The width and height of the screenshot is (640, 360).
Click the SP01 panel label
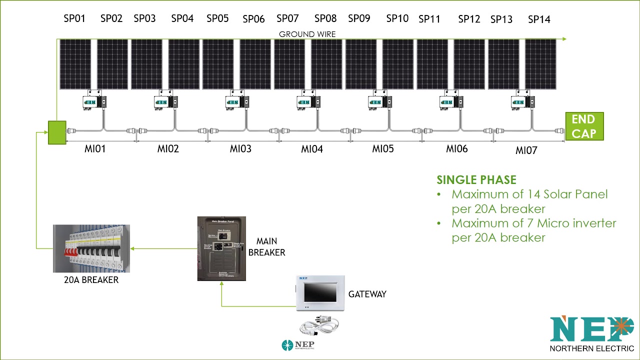(x=74, y=18)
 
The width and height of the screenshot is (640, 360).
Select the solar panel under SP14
(x=540, y=64)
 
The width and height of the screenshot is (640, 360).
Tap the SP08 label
(x=325, y=18)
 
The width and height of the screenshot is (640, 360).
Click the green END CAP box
(x=584, y=126)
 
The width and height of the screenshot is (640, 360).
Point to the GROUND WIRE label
(x=307, y=34)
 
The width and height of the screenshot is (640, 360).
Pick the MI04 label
(x=312, y=149)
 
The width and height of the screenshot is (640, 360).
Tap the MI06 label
(x=457, y=148)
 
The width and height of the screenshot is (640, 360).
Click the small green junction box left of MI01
(x=57, y=132)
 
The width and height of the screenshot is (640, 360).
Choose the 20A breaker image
(x=91, y=248)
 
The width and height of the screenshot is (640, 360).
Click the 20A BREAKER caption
(x=91, y=280)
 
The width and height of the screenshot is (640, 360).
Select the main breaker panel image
(x=221, y=248)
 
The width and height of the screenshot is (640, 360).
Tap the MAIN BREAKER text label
(x=266, y=247)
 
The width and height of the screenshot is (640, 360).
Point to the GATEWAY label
(x=367, y=294)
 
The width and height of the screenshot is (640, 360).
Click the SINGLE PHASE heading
(x=476, y=180)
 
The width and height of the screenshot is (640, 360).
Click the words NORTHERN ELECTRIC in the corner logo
(x=591, y=348)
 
